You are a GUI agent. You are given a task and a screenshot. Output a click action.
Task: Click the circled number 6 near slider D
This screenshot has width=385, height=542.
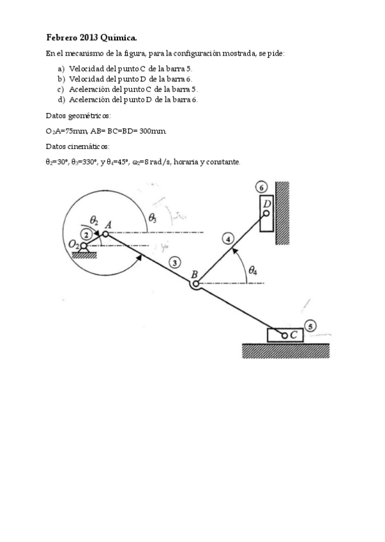click(260, 187)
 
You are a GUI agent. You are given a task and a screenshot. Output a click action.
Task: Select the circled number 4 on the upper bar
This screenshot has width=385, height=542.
click(228, 240)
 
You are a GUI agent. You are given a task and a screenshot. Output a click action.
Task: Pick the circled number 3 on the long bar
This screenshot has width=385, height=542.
click(174, 261)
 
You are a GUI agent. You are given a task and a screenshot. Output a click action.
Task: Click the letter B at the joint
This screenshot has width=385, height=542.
click(195, 275)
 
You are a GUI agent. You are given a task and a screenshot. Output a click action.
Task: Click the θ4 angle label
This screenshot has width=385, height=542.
click(253, 270)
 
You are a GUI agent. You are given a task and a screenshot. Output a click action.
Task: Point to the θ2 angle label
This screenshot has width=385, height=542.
click(94, 220)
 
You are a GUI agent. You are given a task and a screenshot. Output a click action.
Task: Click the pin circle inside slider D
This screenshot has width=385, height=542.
click(266, 213)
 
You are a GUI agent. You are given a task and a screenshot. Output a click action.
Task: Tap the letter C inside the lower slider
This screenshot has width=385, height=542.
click(294, 335)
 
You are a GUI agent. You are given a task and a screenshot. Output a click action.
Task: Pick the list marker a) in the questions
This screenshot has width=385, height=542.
click(61, 68)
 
